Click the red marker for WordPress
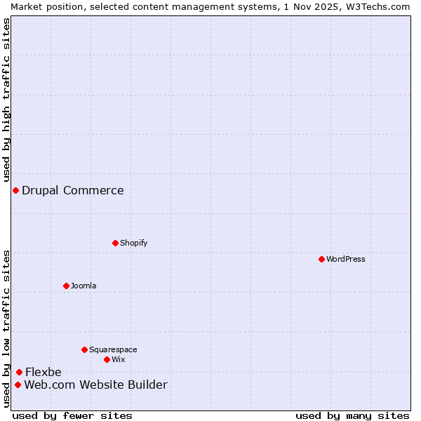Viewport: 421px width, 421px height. click(x=321, y=259)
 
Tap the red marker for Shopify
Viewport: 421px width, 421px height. click(x=115, y=243)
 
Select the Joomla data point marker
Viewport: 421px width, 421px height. click(x=66, y=286)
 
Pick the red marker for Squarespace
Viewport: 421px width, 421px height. click(x=84, y=349)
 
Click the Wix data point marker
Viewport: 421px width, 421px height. click(x=107, y=359)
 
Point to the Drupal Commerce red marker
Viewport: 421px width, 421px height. click(x=15, y=190)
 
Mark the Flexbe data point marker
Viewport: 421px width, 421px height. click(x=19, y=372)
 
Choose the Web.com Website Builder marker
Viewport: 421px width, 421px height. click(x=18, y=385)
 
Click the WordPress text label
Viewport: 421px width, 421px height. click(x=346, y=259)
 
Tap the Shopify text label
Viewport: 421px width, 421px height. click(x=133, y=243)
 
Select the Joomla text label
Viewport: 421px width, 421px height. click(x=83, y=286)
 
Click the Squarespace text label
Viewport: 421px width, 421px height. click(x=113, y=349)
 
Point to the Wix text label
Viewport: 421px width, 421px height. click(x=118, y=359)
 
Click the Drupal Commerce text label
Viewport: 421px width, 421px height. click(x=73, y=190)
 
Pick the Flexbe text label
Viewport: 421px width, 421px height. click(x=44, y=372)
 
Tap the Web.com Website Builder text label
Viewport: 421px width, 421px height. click(x=96, y=385)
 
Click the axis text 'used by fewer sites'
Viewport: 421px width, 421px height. click(x=72, y=415)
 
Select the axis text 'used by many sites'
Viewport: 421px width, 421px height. click(x=352, y=415)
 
